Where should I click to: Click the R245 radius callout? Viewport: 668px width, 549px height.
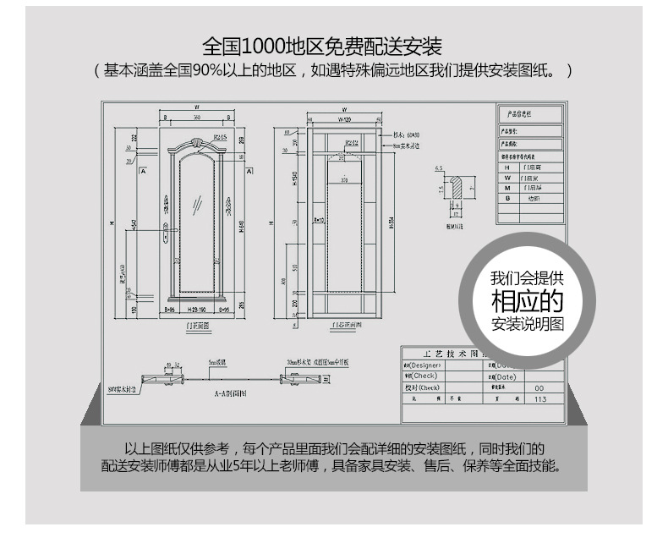(220, 135)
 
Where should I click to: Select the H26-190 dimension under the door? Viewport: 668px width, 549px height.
(196, 310)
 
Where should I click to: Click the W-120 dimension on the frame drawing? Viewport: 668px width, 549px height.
(342, 120)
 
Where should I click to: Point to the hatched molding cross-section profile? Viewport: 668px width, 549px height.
(457, 188)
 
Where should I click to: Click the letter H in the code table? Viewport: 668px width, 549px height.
(508, 167)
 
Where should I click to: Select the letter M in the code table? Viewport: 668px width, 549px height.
(508, 188)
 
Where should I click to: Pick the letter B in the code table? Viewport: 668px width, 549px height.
(508, 198)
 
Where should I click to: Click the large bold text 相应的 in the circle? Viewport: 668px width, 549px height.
(527, 301)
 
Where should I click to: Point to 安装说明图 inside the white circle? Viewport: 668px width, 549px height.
(527, 324)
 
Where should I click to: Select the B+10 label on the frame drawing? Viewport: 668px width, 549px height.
(319, 220)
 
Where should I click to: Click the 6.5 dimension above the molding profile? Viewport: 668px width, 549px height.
(439, 169)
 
